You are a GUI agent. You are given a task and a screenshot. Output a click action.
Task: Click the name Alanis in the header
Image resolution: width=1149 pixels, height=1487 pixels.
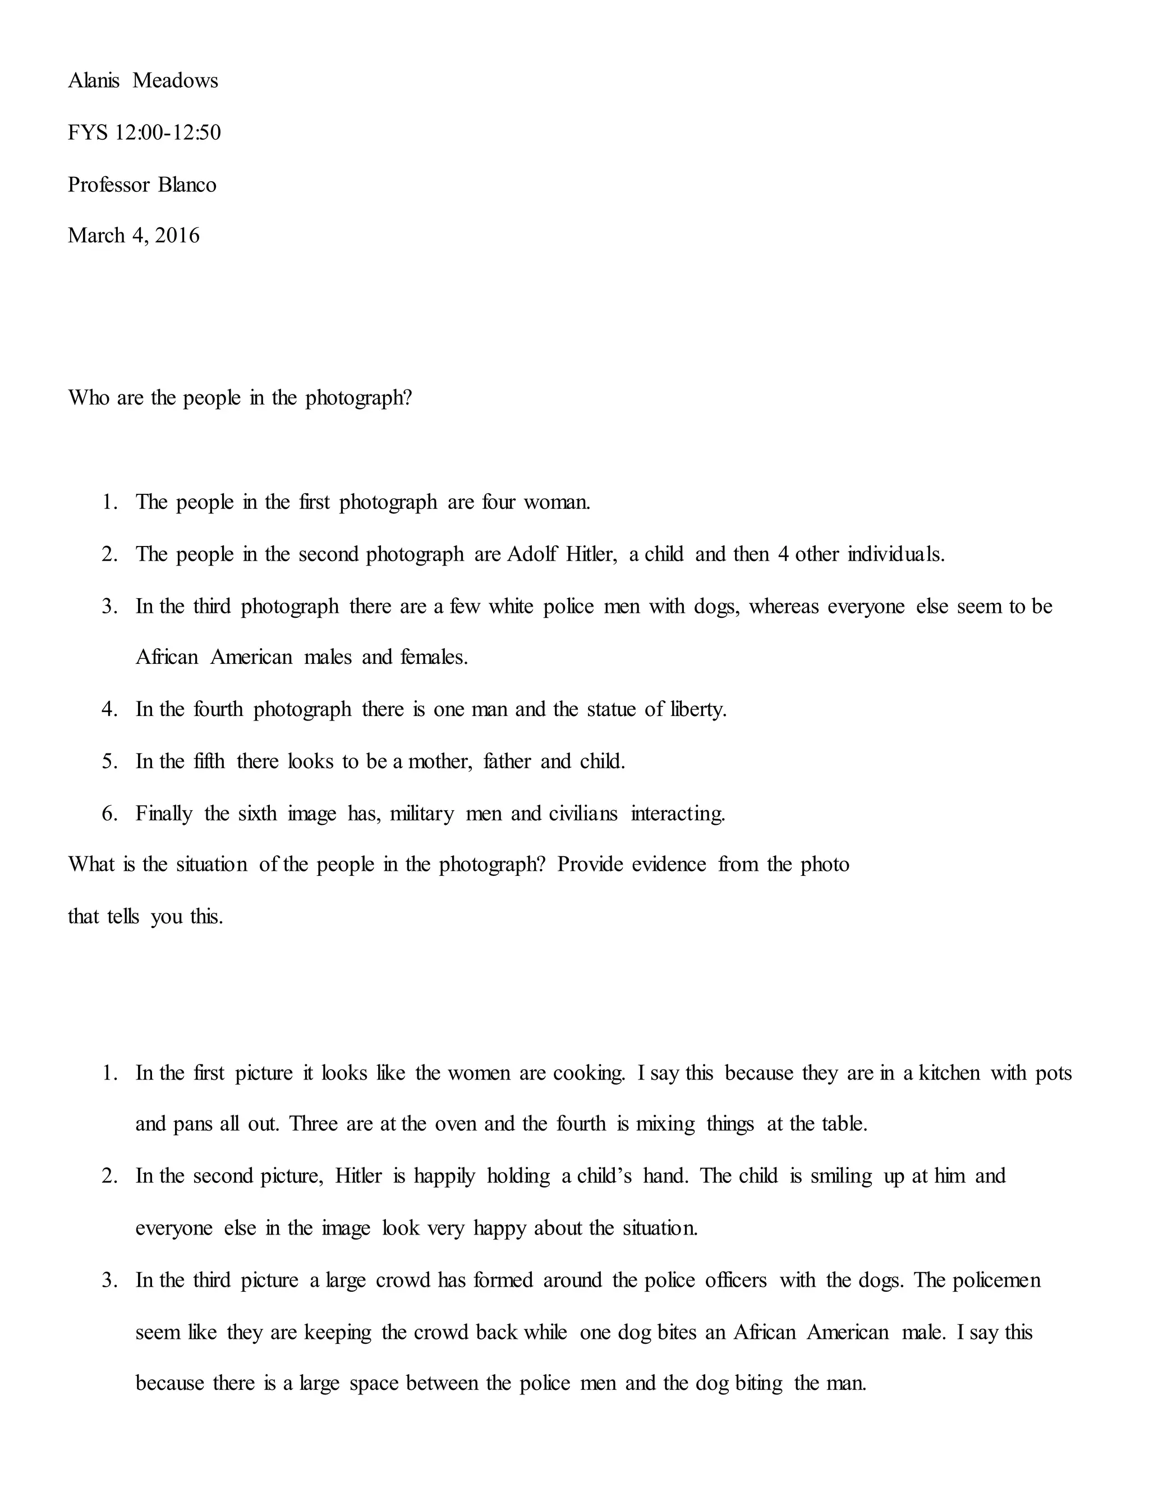(94, 81)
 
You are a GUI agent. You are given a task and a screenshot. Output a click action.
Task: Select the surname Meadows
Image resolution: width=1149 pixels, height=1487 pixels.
(176, 81)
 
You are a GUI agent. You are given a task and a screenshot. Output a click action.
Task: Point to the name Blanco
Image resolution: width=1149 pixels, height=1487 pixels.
(187, 185)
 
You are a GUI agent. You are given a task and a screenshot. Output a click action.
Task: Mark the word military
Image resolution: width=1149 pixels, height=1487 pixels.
(421, 814)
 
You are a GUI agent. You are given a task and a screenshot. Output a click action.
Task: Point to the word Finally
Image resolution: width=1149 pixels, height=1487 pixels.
(164, 814)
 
